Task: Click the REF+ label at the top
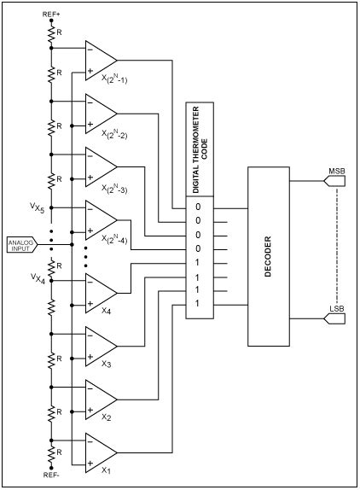[52, 15]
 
